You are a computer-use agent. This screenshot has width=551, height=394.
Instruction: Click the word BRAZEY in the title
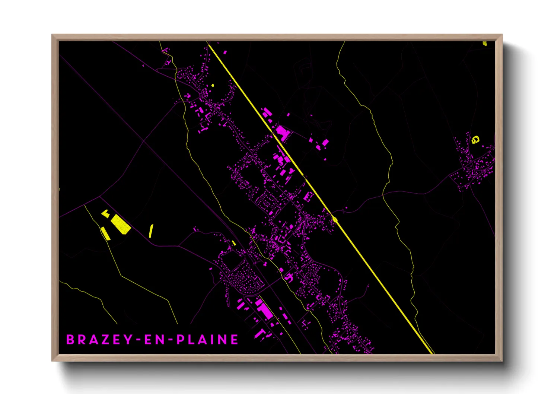click(99, 340)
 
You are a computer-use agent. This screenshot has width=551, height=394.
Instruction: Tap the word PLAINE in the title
click(207, 340)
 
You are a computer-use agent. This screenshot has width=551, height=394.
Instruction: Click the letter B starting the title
click(70, 340)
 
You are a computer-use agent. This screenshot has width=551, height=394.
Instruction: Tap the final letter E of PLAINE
click(235, 340)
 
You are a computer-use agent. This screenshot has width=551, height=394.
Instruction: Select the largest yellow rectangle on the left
click(121, 224)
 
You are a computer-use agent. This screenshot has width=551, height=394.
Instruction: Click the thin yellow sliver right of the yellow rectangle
click(151, 231)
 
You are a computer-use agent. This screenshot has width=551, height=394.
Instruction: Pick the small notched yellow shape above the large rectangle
click(106, 213)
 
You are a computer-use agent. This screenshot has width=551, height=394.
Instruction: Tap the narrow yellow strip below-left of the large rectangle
click(105, 233)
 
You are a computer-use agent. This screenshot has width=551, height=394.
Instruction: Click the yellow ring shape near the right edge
click(475, 140)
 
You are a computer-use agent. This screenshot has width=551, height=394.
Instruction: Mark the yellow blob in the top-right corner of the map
click(485, 44)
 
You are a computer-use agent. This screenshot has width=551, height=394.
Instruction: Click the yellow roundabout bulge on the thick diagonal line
click(335, 220)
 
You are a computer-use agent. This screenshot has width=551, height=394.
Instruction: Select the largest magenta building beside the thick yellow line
click(282, 133)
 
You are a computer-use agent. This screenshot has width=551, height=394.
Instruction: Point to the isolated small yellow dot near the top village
click(212, 85)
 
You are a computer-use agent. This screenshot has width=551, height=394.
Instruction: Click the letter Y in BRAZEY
click(128, 340)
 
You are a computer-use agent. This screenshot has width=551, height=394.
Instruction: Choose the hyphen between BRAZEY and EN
click(138, 340)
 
